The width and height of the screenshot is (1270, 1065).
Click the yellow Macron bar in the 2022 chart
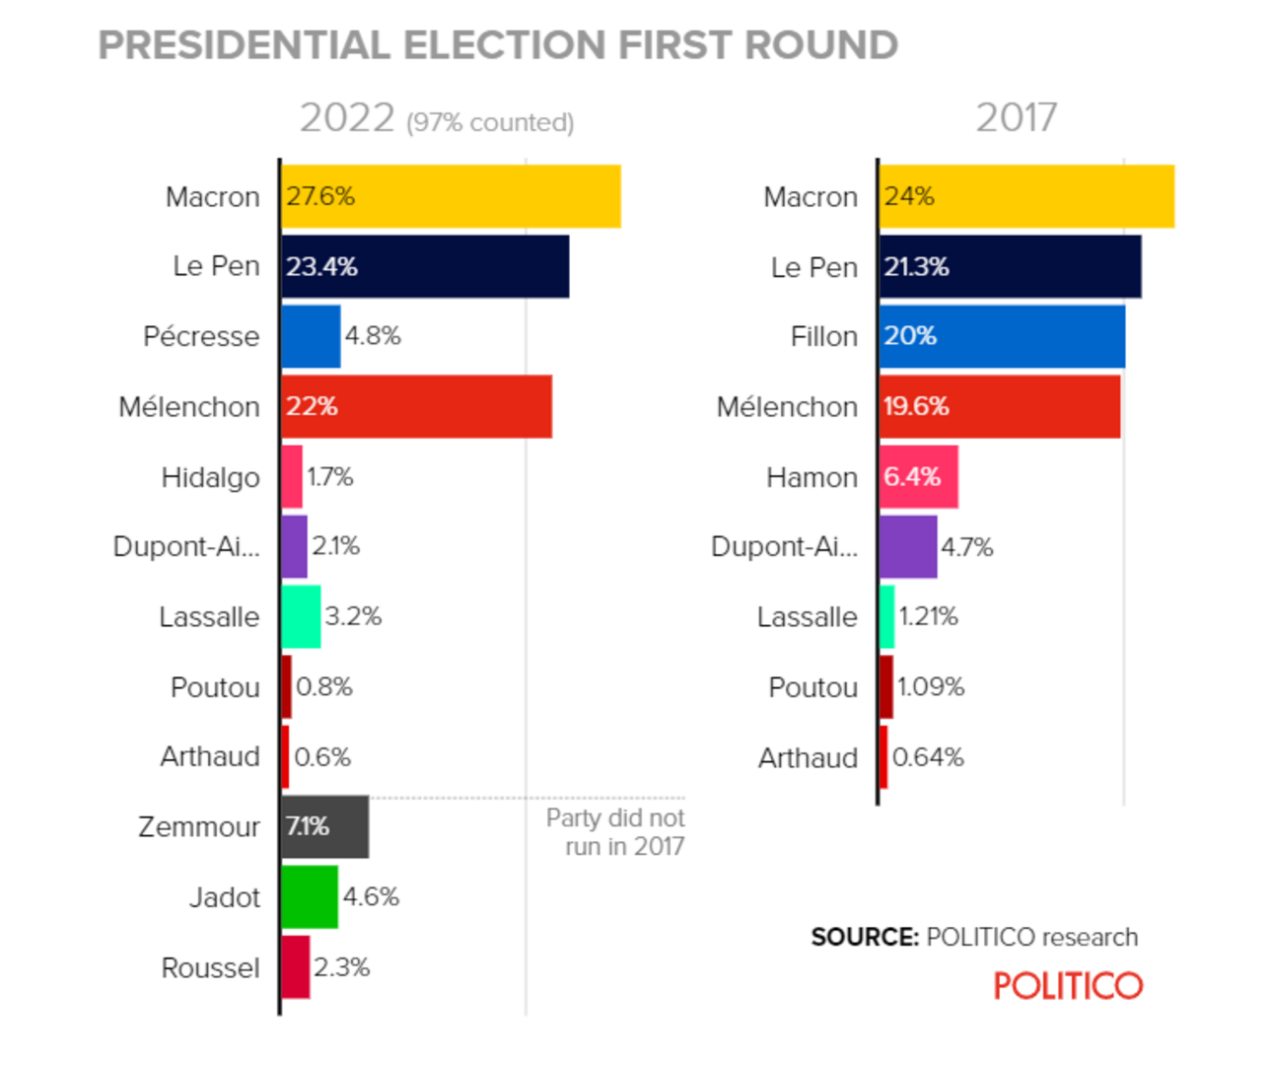tap(451, 196)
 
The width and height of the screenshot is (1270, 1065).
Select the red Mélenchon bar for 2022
tap(416, 406)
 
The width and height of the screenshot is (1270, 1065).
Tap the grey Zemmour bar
tap(325, 826)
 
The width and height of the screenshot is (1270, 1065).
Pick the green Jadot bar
tap(310, 896)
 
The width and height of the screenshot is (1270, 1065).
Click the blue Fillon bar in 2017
tap(1002, 336)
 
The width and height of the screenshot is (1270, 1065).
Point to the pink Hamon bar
tap(919, 476)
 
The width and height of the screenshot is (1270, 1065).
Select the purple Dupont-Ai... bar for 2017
tap(908, 546)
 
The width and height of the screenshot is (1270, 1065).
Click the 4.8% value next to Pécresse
tap(373, 336)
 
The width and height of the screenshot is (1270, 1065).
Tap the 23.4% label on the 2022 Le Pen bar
tap(321, 266)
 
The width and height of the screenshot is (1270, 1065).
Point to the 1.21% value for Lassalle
tap(928, 616)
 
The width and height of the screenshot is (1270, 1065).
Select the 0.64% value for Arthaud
tap(928, 757)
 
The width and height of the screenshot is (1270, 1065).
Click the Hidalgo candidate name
tap(210, 477)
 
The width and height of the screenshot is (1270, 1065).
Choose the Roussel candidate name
tap(210, 967)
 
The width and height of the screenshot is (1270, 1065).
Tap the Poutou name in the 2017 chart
tap(812, 687)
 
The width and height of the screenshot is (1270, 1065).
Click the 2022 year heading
tap(347, 118)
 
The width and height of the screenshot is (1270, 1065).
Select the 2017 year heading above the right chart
tap(1016, 118)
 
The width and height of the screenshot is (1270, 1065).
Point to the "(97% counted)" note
tap(490, 122)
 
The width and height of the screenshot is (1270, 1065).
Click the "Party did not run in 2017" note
tap(615, 832)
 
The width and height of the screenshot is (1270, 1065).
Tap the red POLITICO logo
tap(1068, 986)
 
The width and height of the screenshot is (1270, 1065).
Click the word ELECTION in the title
tap(504, 45)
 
